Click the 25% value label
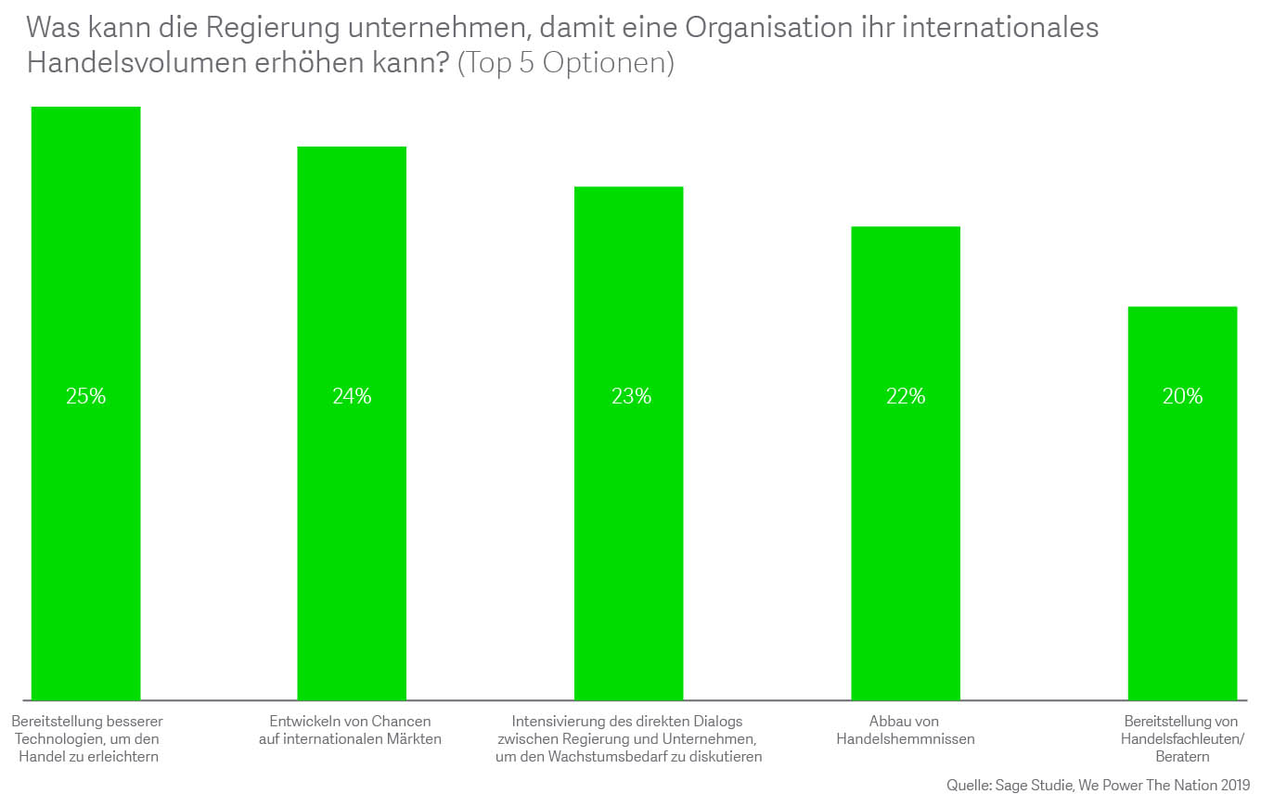coord(86,396)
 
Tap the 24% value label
coord(352,396)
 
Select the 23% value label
coord(630,396)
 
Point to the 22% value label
coord(906,396)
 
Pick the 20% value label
coord(1182,396)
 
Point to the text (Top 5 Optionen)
coord(566,64)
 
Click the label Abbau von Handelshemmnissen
coord(905,730)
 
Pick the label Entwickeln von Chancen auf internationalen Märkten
coord(351,730)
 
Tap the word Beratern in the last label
coord(1182,757)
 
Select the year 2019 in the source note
coord(1235,785)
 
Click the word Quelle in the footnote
coord(968,785)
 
